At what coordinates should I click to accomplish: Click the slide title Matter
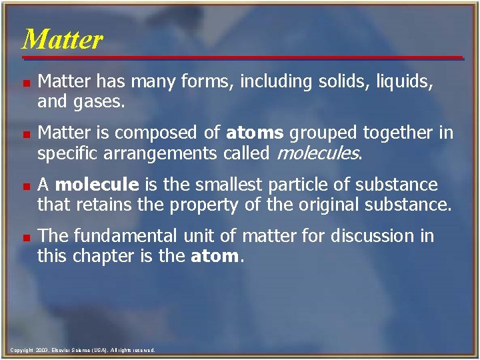62,39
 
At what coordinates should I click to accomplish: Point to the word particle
312,183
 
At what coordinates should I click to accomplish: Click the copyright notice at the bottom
83,349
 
